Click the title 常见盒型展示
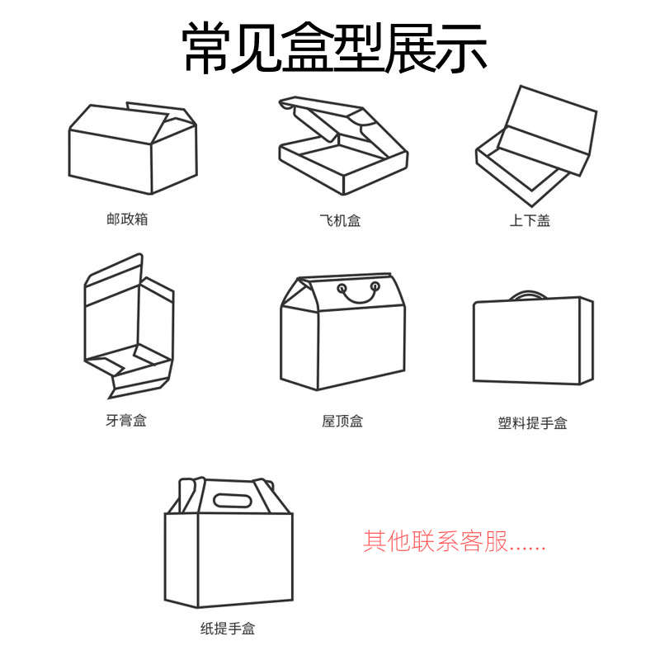pos(334,48)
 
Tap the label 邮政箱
pos(127,219)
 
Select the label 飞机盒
pos(340,220)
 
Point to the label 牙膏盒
pos(126,421)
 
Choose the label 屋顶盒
pos(342,422)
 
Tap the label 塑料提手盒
pos(532,423)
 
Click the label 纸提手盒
pos(228,629)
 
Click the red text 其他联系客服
pos(455,541)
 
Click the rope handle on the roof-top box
pos(357,293)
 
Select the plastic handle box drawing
pos(532,340)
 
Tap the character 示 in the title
pos(462,48)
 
